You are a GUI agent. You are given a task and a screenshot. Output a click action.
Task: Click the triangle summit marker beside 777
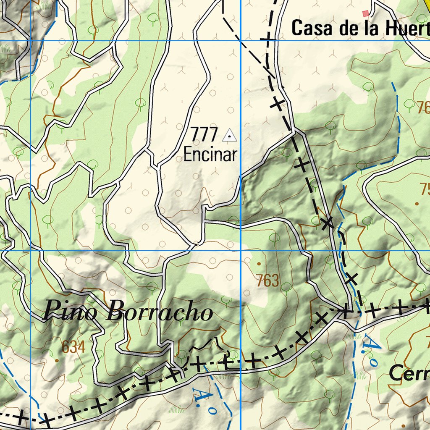(x=229, y=135)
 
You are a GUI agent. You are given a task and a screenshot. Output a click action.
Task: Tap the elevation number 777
(x=205, y=135)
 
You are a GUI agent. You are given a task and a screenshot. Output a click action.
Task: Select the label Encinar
(x=210, y=155)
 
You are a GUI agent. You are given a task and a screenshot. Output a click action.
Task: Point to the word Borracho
(x=159, y=313)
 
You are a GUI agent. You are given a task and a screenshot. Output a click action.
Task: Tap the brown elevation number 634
(x=73, y=347)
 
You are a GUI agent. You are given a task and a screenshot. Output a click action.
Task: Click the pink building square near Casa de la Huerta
(x=365, y=13)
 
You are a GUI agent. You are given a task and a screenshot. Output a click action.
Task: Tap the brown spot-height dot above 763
(x=259, y=264)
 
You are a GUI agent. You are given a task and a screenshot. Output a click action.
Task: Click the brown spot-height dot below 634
(x=57, y=360)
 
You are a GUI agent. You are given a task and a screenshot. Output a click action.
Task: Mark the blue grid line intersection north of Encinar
(x=240, y=41)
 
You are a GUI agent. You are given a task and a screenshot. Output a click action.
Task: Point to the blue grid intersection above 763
(x=240, y=251)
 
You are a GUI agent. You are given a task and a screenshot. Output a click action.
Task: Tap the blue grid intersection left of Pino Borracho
(x=31, y=251)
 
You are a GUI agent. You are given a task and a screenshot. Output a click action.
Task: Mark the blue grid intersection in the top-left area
(x=31, y=41)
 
